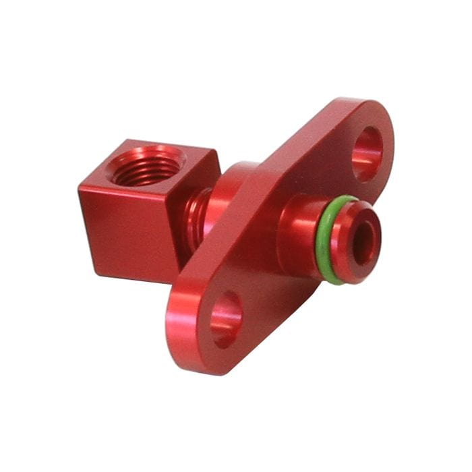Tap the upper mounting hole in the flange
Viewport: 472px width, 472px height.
point(367,154)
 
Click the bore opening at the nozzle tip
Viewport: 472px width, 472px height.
point(364,243)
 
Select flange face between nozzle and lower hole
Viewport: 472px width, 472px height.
point(260,290)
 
